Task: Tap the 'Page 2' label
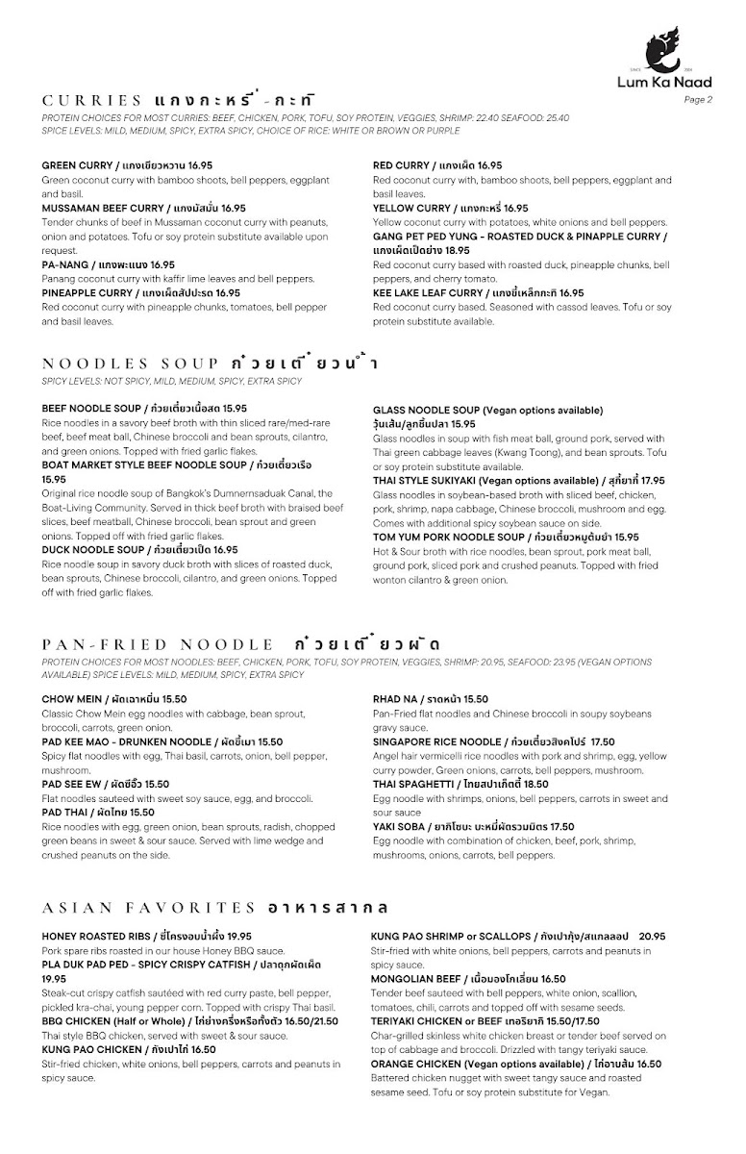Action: tap(698, 99)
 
